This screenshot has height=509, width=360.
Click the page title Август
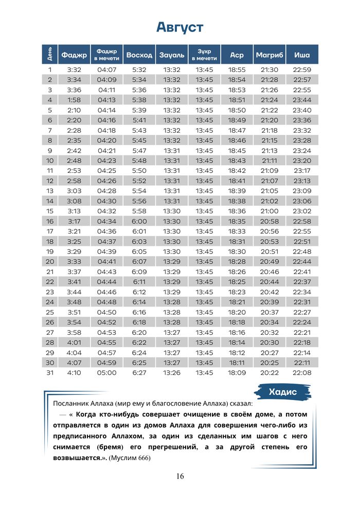coord(179,27)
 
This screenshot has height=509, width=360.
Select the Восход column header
coord(139,54)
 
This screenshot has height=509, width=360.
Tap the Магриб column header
coord(269,54)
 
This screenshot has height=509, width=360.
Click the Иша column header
coord(302,54)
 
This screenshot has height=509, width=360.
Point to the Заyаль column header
coord(172,54)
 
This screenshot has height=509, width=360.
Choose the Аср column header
coord(237,54)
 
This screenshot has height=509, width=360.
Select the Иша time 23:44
coord(302,100)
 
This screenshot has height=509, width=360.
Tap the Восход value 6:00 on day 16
coord(139,221)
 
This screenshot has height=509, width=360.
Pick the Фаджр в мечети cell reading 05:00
coord(107,373)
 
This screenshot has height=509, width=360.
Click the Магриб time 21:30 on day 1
coord(269,70)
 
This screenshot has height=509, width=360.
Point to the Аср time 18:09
coord(237,373)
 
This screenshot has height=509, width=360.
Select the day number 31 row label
coord(50,373)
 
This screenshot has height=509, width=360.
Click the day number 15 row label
coord(50,211)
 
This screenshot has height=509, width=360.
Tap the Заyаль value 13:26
coord(172,373)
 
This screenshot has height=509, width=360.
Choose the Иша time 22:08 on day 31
coord(302,373)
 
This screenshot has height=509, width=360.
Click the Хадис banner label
coord(282,392)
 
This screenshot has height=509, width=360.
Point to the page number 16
coord(179,476)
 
